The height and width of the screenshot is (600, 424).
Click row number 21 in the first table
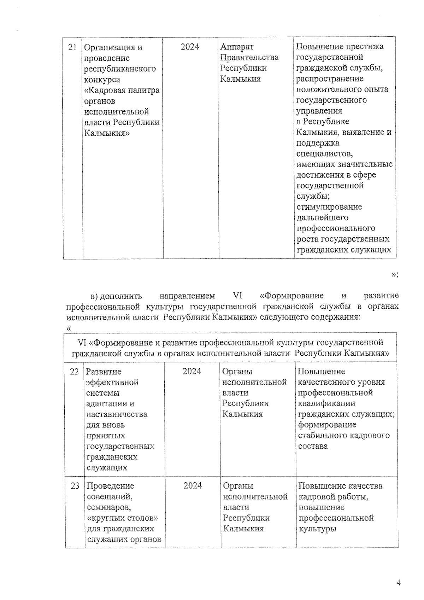[72, 47]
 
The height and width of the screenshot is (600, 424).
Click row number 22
[74, 372]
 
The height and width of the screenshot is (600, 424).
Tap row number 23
[75, 486]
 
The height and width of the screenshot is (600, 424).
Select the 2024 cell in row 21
[190, 47]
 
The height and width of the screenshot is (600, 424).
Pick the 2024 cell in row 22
[192, 371]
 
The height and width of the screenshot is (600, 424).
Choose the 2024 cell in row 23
[193, 485]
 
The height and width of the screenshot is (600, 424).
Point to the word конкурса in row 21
[102, 80]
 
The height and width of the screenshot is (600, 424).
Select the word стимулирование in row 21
[329, 207]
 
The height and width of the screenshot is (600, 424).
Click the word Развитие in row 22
[104, 372]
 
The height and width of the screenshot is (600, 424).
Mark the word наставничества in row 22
[117, 414]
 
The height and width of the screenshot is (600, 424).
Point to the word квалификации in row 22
[326, 403]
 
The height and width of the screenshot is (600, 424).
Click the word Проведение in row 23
[110, 486]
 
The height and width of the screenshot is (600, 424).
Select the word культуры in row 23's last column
[317, 529]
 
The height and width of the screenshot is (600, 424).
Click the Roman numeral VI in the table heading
[82, 343]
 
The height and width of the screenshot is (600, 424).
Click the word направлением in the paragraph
[187, 296]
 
